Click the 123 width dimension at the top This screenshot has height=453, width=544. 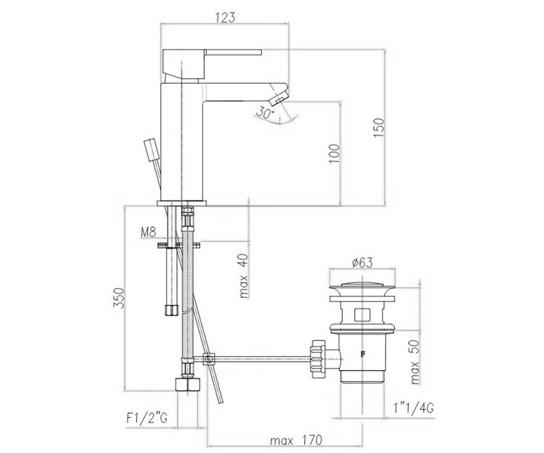point(225,17)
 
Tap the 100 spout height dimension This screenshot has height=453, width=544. point(335,154)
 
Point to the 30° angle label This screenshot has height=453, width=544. point(265,113)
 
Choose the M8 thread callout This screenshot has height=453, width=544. point(148,232)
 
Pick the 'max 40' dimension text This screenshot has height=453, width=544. point(244,276)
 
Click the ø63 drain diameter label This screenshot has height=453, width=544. point(362,263)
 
